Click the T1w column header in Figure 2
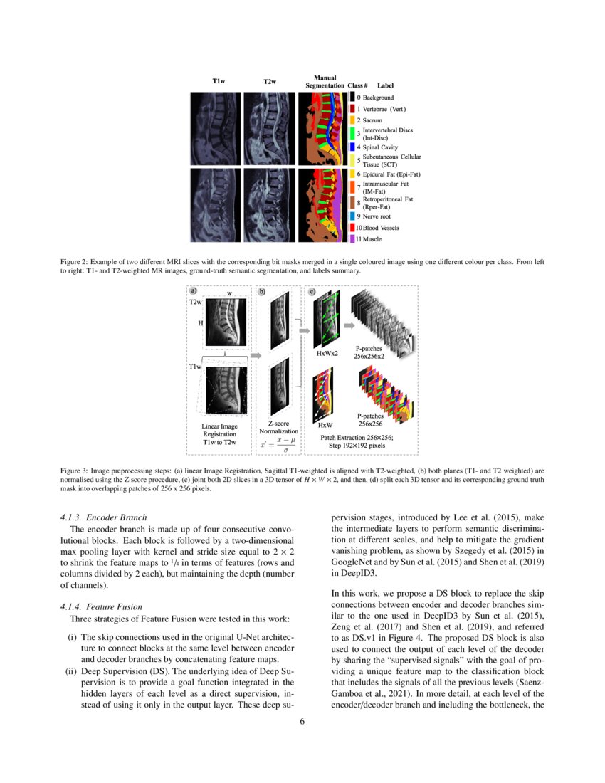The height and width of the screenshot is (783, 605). coord(219,82)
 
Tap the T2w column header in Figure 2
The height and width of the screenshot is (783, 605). coord(269,82)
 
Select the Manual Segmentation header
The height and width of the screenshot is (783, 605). coord(325,81)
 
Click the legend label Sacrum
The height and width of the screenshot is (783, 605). coord(369,120)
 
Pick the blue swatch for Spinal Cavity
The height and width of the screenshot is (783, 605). coord(352,147)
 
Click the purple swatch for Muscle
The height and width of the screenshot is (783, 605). coord(352,239)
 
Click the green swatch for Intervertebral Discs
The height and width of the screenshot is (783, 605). coord(352,134)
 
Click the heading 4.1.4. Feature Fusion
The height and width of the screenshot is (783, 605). coord(102,607)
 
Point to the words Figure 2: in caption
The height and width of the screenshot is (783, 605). coord(76,263)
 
